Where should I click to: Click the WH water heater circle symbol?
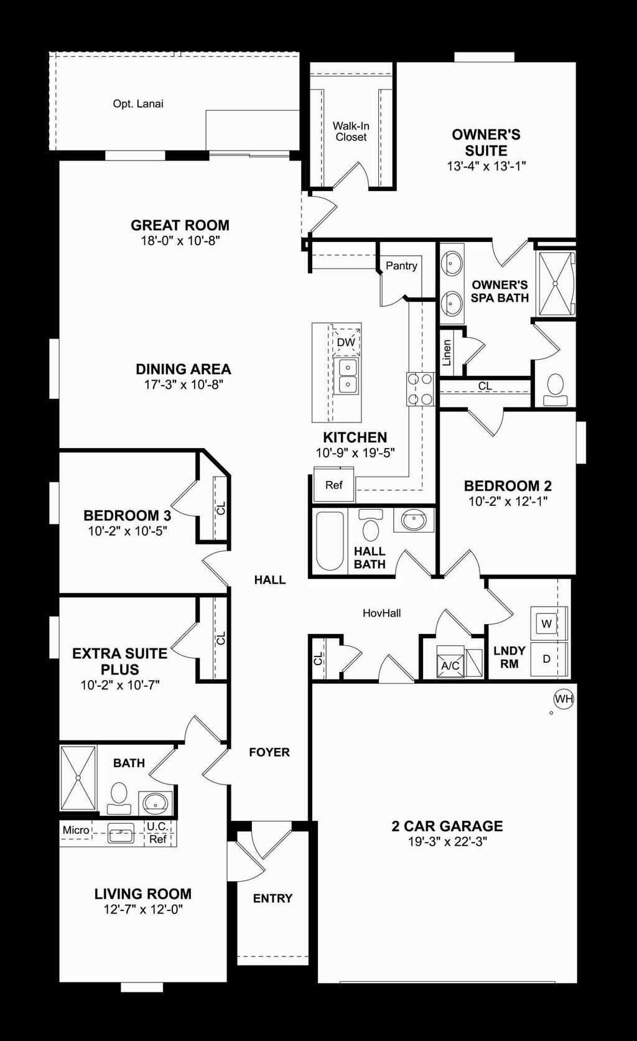[x=564, y=699]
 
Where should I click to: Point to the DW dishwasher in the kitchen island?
[x=346, y=342]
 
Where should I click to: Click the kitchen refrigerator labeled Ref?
[x=334, y=485]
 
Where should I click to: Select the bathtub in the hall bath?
[x=330, y=541]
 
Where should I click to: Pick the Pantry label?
[x=401, y=266]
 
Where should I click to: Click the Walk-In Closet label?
[x=351, y=131]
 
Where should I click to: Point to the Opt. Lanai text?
[x=138, y=104]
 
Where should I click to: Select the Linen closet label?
[x=447, y=352]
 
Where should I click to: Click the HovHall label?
[x=382, y=613]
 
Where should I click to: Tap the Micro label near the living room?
[x=76, y=830]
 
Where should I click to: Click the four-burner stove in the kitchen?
[x=421, y=389]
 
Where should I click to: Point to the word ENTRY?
[x=272, y=899]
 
